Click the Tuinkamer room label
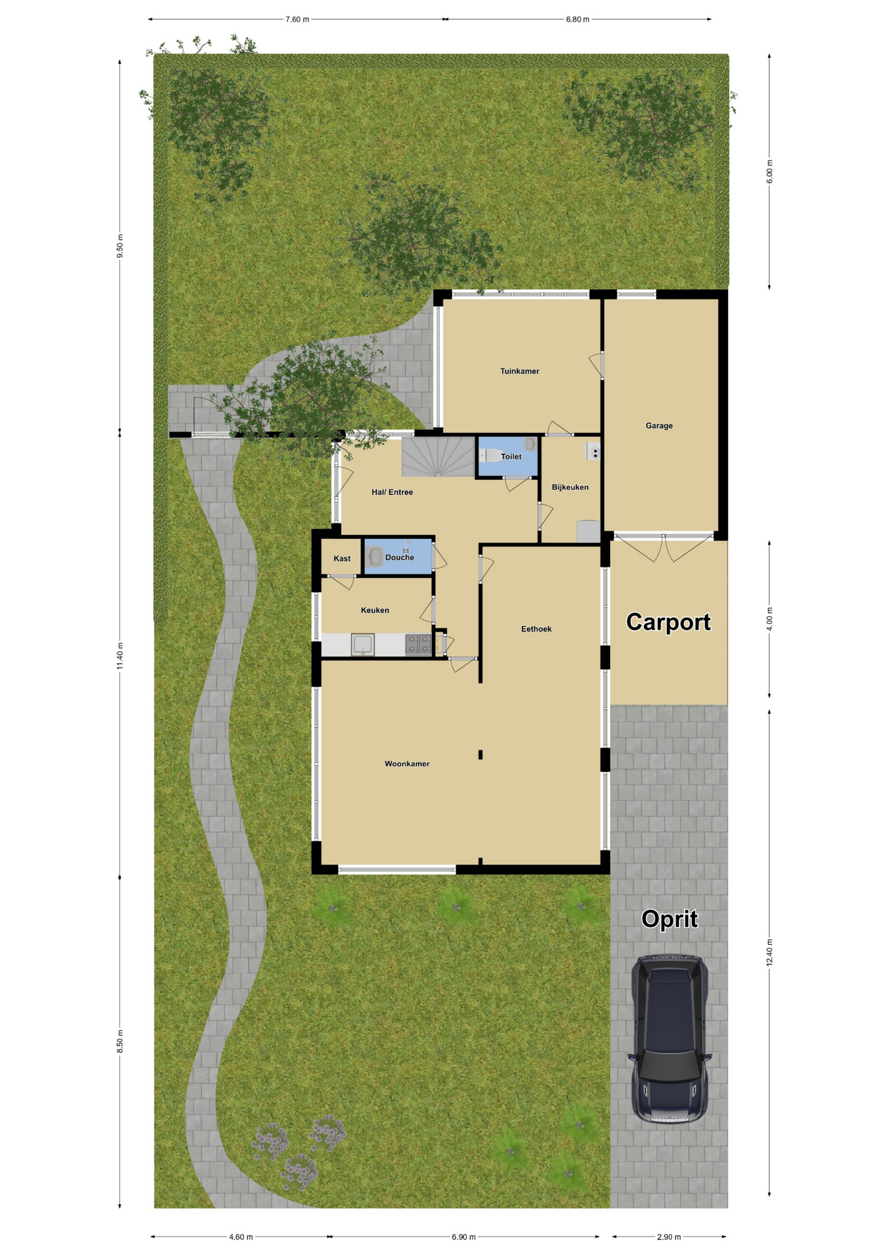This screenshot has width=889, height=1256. click(519, 371)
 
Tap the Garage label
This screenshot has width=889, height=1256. click(659, 426)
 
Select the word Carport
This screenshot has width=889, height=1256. click(668, 621)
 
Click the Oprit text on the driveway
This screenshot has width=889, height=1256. click(669, 919)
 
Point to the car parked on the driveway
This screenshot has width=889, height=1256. click(669, 1039)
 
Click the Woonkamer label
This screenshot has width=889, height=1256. click(407, 763)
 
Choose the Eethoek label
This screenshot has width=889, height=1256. click(536, 629)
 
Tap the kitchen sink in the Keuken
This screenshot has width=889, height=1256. click(363, 644)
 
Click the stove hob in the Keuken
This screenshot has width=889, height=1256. click(418, 644)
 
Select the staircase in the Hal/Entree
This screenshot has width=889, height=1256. click(438, 457)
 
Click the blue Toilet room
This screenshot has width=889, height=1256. click(508, 457)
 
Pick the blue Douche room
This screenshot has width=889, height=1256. click(398, 557)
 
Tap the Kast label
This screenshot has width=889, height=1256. click(342, 559)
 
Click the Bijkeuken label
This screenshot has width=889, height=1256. click(570, 487)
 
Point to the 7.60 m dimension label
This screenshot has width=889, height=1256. click(297, 20)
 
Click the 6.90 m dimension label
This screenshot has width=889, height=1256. click(463, 1237)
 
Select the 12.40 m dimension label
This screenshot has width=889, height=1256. click(770, 952)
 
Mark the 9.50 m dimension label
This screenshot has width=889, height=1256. click(120, 246)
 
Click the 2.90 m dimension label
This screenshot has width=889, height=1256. click(669, 1237)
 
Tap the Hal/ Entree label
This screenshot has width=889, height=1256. click(392, 492)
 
